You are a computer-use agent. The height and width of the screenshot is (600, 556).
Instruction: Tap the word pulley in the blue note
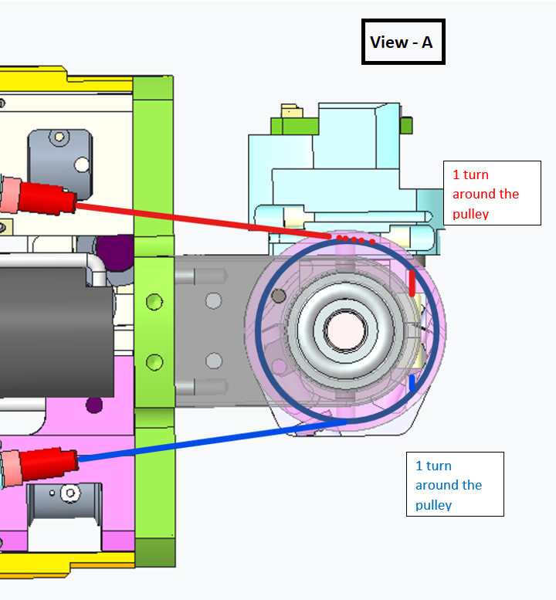point(433,505)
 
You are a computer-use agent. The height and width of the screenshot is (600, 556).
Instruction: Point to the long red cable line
point(201,216)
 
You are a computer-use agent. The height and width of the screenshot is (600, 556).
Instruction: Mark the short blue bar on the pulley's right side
point(412,382)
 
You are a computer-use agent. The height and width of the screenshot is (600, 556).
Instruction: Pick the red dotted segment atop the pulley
point(354,239)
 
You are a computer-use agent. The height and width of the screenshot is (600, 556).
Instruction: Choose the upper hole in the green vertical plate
point(154,299)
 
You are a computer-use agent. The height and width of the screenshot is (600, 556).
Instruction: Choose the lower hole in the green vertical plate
point(154,361)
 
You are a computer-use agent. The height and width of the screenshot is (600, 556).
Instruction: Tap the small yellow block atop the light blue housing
point(292,113)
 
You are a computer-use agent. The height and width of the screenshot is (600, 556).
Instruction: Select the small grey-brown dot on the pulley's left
point(279,295)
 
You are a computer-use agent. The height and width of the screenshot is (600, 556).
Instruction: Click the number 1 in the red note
point(456,175)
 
